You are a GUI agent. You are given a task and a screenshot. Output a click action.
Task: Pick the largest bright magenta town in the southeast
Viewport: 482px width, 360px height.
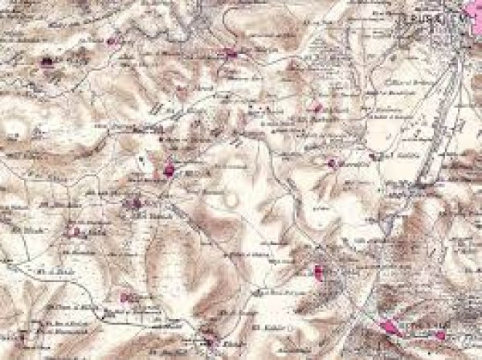click(392, 327)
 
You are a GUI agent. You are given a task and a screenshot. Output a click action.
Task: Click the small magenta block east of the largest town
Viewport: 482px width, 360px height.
click(440, 333)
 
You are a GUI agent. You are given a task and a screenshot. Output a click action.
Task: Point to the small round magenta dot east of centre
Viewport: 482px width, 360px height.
click(331, 163)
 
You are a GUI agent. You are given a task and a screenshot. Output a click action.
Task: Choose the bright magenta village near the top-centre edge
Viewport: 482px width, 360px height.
click(233, 54)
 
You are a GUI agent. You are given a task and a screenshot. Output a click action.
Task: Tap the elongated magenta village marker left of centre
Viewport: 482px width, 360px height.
click(170, 169)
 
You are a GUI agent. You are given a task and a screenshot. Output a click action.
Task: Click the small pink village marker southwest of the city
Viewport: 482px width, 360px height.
click(317, 108)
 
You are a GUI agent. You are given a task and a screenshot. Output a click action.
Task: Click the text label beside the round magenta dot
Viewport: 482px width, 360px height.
click(353, 162)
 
